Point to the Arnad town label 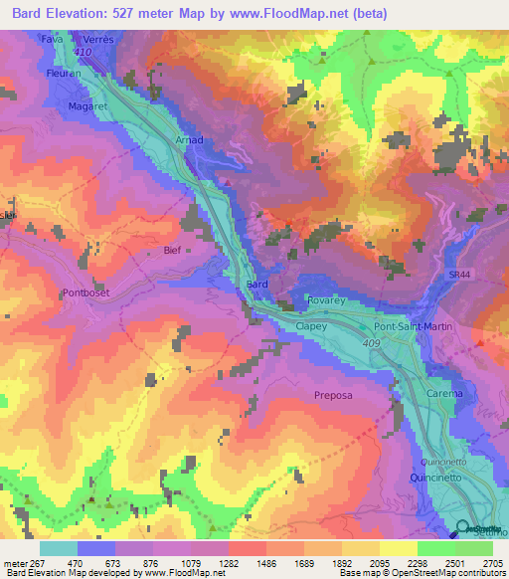[x=189, y=140]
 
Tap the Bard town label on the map [x=256, y=285]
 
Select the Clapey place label [x=312, y=324]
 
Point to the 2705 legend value [x=492, y=562]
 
